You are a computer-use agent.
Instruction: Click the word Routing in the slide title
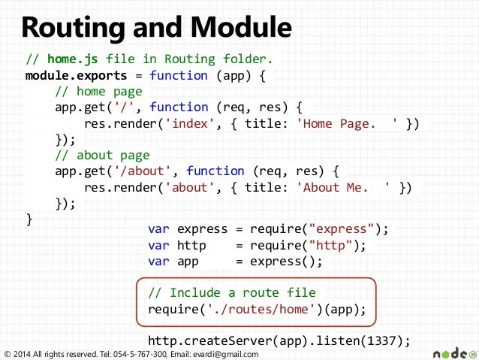point(69,29)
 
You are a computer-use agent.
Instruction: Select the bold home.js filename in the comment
point(73,59)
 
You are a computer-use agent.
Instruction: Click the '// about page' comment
point(102,156)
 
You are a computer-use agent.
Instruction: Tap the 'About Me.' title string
point(345,187)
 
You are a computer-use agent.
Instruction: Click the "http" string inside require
point(327,246)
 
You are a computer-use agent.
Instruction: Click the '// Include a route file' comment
point(232,292)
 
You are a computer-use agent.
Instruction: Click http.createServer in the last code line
point(197,340)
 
